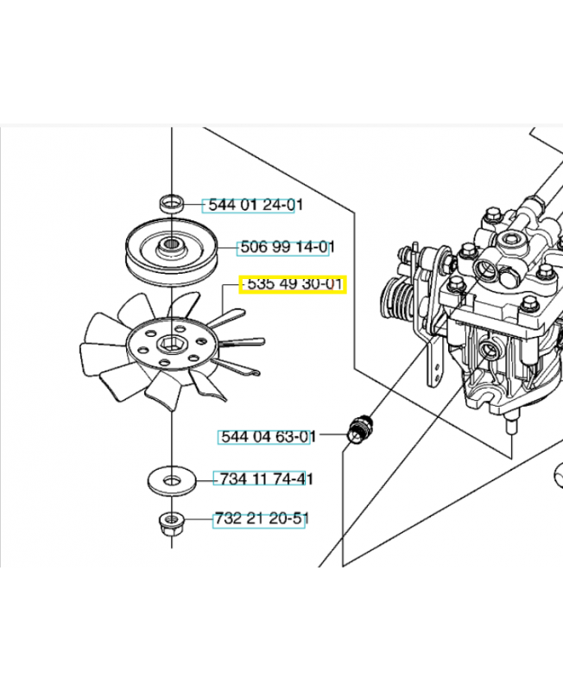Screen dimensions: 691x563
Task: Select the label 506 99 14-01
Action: pyautogui.click(x=284, y=247)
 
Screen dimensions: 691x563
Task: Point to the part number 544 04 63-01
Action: pyautogui.click(x=265, y=438)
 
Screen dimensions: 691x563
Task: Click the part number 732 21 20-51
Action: pyautogui.click(x=260, y=519)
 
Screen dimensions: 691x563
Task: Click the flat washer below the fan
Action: pyautogui.click(x=173, y=478)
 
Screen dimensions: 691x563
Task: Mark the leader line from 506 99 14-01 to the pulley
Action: pyautogui.click(x=225, y=247)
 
